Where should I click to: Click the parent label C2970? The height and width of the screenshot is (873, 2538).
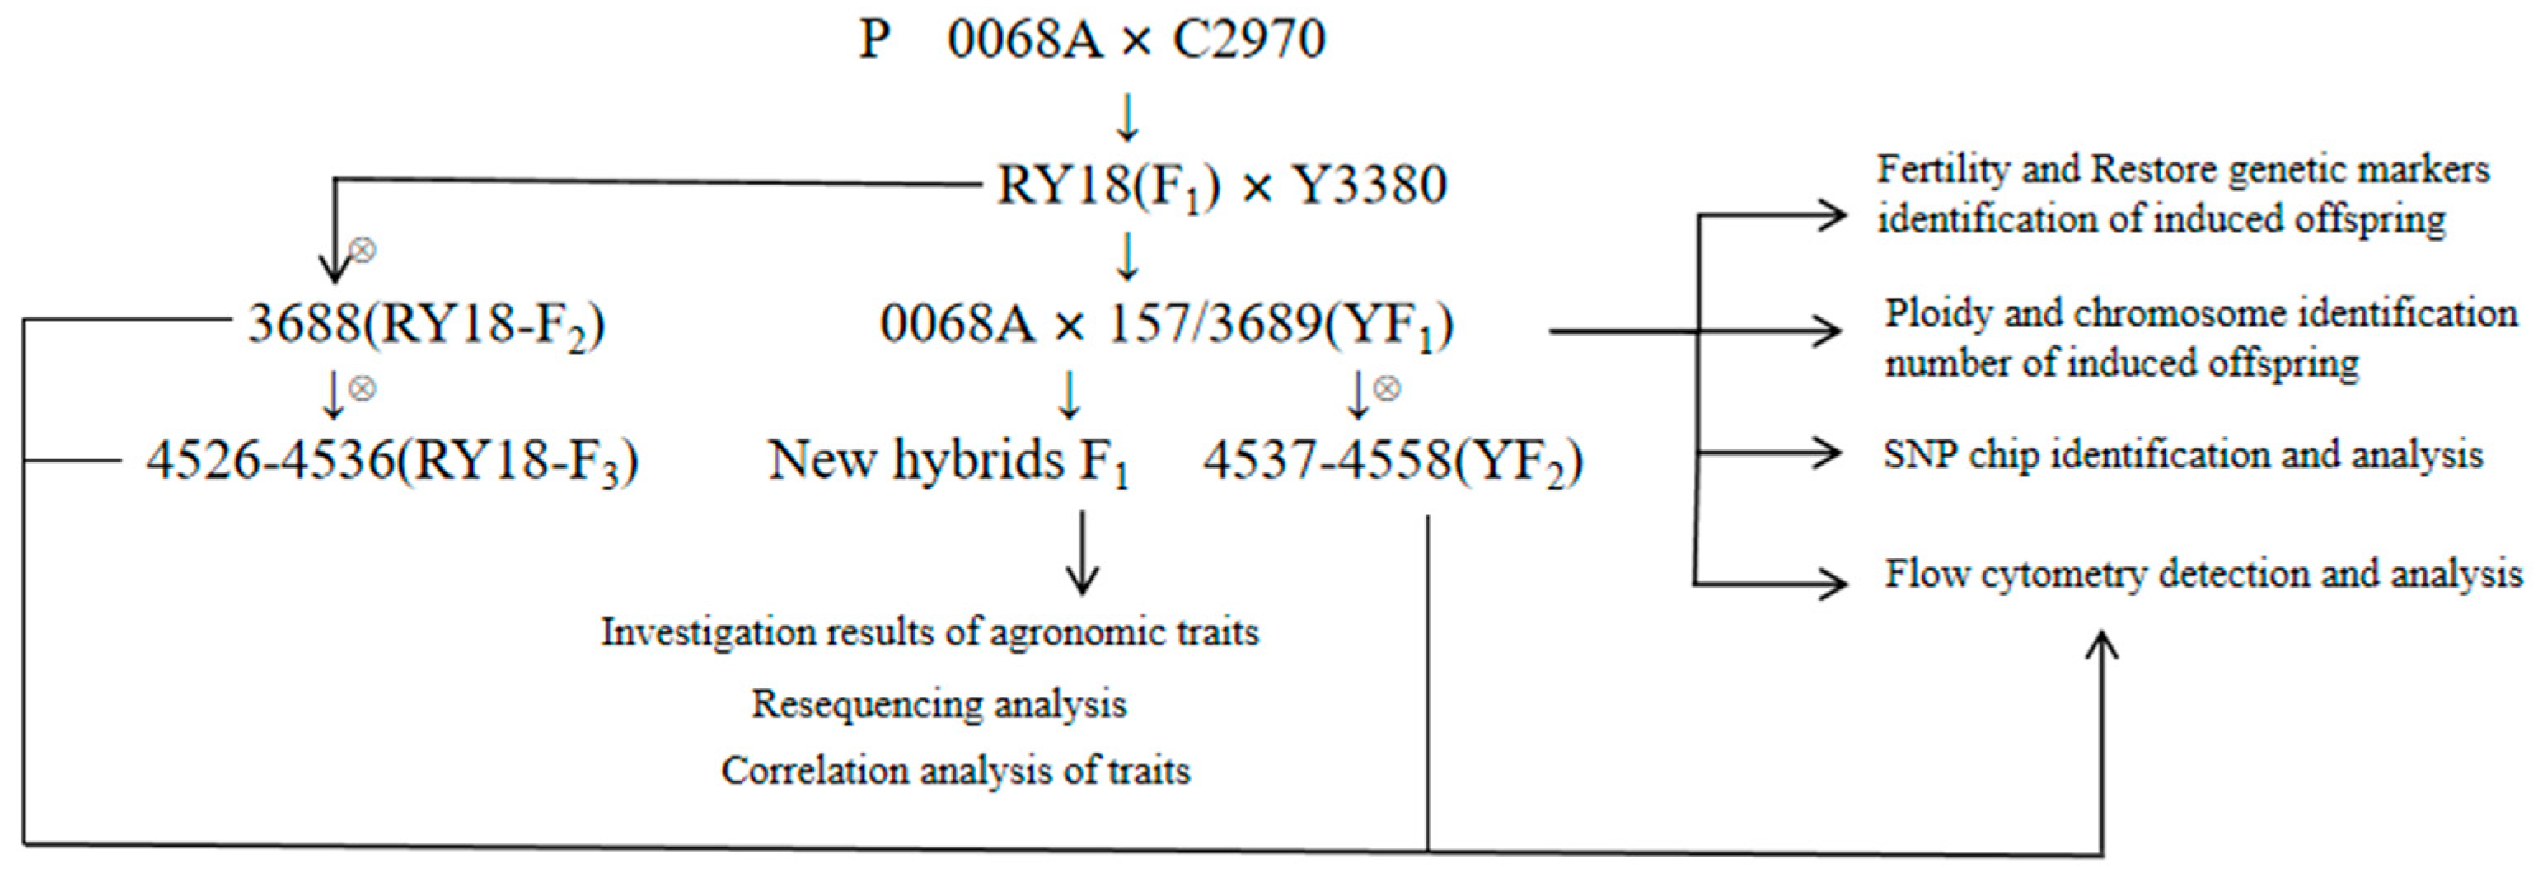coord(1248,41)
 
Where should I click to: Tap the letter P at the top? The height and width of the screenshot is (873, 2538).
coord(875,41)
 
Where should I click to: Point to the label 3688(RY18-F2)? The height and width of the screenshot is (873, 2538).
coord(426,324)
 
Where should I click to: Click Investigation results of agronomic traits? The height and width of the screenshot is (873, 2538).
coord(930,632)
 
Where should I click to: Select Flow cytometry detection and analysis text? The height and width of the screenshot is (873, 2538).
coord(2203,575)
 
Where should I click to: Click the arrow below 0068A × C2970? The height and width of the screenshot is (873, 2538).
coord(1127,117)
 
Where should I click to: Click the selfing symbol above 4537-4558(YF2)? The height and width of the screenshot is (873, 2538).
coord(1387,388)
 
